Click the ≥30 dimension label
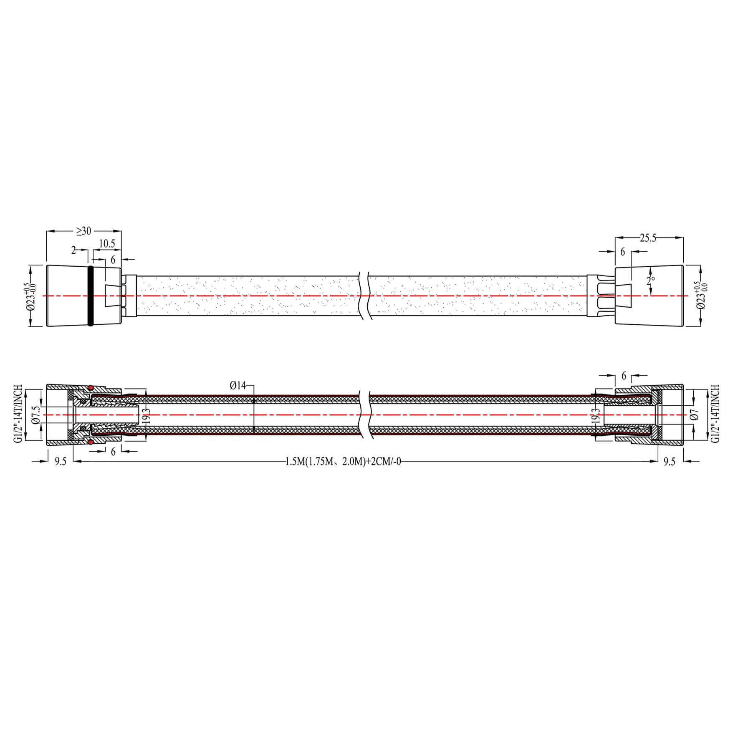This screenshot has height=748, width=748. point(83,231)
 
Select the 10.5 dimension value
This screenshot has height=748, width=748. point(107,243)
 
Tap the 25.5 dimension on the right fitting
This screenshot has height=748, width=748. point(648,238)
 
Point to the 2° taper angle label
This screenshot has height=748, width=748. point(651,280)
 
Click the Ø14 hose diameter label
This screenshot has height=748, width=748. point(238,385)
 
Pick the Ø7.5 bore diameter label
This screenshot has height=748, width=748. point(36,414)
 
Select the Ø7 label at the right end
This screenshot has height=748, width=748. point(695,414)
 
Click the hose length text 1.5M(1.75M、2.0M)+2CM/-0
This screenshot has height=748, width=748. point(343,461)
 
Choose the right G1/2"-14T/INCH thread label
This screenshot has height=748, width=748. point(715,414)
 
